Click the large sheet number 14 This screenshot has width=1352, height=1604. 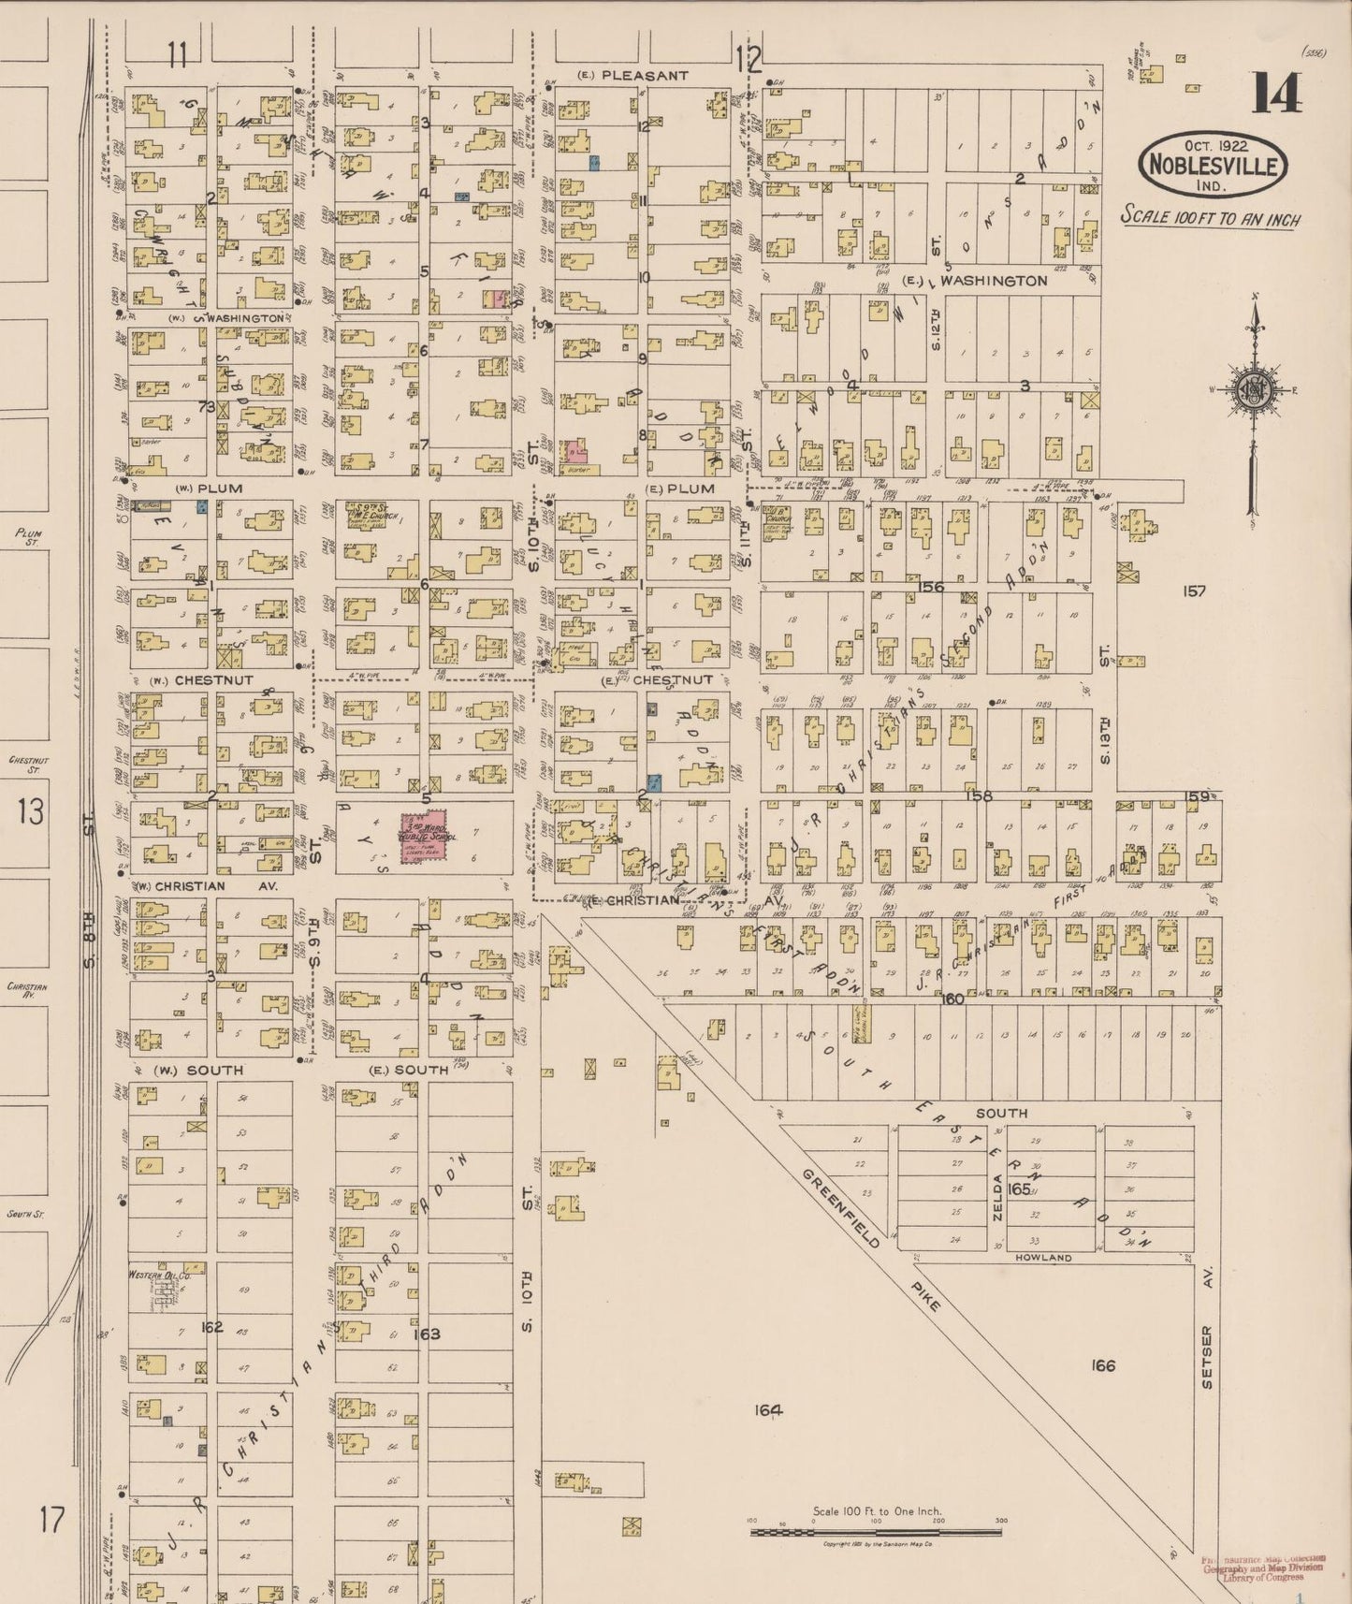[x=1276, y=93]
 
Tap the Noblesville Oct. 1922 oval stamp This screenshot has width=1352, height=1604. [x=1212, y=166]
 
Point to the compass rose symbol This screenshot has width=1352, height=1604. [x=1252, y=390]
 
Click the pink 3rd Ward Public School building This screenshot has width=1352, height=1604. [x=424, y=837]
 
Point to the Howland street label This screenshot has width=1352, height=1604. [x=1043, y=1258]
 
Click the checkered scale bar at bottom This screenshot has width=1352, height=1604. [x=875, y=1532]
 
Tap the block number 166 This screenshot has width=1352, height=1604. [x=1102, y=1365]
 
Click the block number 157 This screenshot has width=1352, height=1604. [x=1194, y=591]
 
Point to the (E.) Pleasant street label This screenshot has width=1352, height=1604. [x=633, y=75]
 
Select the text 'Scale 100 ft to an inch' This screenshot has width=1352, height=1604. [x=1210, y=217]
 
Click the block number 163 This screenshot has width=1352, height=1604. [x=427, y=1334]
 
